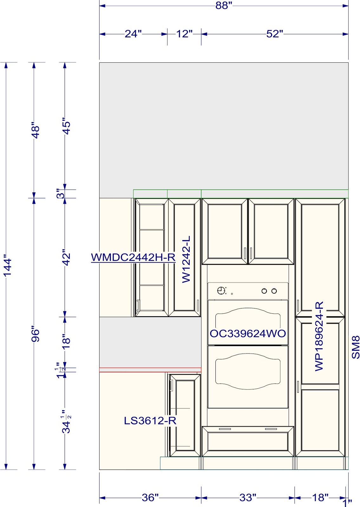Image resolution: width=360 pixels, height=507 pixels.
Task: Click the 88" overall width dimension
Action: point(224,5)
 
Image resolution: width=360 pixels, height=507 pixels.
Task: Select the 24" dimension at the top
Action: point(133,34)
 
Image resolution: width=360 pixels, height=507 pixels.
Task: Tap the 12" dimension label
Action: point(184,34)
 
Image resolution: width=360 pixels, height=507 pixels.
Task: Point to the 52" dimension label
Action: point(275,34)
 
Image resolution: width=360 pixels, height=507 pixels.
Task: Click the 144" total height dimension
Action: point(7,267)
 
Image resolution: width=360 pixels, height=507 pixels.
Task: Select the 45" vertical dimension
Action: point(66,126)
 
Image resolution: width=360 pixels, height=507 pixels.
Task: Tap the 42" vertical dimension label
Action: point(66,257)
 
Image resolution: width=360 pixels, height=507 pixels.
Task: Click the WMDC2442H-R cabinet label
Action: point(133,257)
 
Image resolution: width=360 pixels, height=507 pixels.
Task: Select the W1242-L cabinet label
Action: point(186,259)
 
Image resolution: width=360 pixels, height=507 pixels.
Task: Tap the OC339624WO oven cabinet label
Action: point(248,333)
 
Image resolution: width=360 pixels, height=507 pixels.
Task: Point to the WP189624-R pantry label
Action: point(319,337)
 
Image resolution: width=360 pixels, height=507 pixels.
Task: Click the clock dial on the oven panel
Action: point(221,290)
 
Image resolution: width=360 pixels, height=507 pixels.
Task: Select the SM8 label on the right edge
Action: point(356,347)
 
